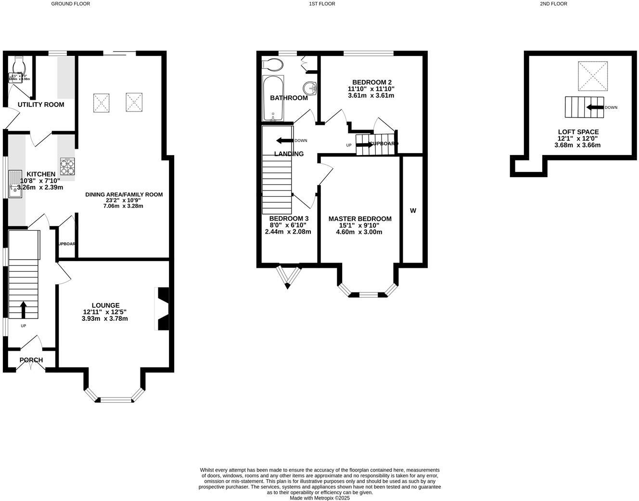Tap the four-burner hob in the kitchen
click(67, 166)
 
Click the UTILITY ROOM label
click(41, 105)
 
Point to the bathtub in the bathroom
click(273, 98)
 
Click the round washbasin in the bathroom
click(310, 89)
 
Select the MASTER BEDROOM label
click(360, 219)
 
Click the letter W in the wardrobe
click(413, 211)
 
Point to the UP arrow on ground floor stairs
click(23, 310)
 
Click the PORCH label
click(31, 360)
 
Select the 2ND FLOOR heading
click(553, 4)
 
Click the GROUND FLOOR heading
click(71, 4)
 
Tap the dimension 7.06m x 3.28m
click(123, 206)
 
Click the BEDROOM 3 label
click(289, 218)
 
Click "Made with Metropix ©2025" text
click(319, 498)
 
